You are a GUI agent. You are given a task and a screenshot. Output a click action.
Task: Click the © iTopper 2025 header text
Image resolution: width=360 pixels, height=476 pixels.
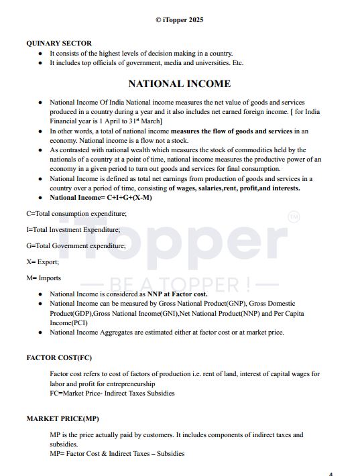[180, 20]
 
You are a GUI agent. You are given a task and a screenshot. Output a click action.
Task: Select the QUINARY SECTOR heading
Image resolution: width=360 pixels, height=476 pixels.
[59, 44]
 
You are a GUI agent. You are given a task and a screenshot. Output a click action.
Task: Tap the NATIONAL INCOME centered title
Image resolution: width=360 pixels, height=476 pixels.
[180, 84]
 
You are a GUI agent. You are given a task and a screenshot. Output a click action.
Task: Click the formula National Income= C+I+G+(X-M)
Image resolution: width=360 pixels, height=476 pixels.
[101, 198]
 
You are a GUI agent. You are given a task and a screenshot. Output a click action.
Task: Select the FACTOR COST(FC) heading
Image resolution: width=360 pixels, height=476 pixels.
[60, 357]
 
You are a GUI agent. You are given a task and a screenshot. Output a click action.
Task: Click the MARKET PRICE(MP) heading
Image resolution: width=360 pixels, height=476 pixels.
[62, 418]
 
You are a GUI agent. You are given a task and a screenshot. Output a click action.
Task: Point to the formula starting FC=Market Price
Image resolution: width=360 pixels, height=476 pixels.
[112, 394]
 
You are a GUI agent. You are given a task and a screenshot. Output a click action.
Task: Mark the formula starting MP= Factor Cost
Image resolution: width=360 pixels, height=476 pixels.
[117, 454]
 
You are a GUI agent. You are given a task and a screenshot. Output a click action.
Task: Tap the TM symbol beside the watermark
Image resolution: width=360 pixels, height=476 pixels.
[294, 217]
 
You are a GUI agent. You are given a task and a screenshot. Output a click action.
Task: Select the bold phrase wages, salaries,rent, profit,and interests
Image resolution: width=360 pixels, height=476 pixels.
[234, 188]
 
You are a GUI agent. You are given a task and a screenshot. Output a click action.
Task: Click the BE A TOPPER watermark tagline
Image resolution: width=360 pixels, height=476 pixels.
[180, 284]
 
